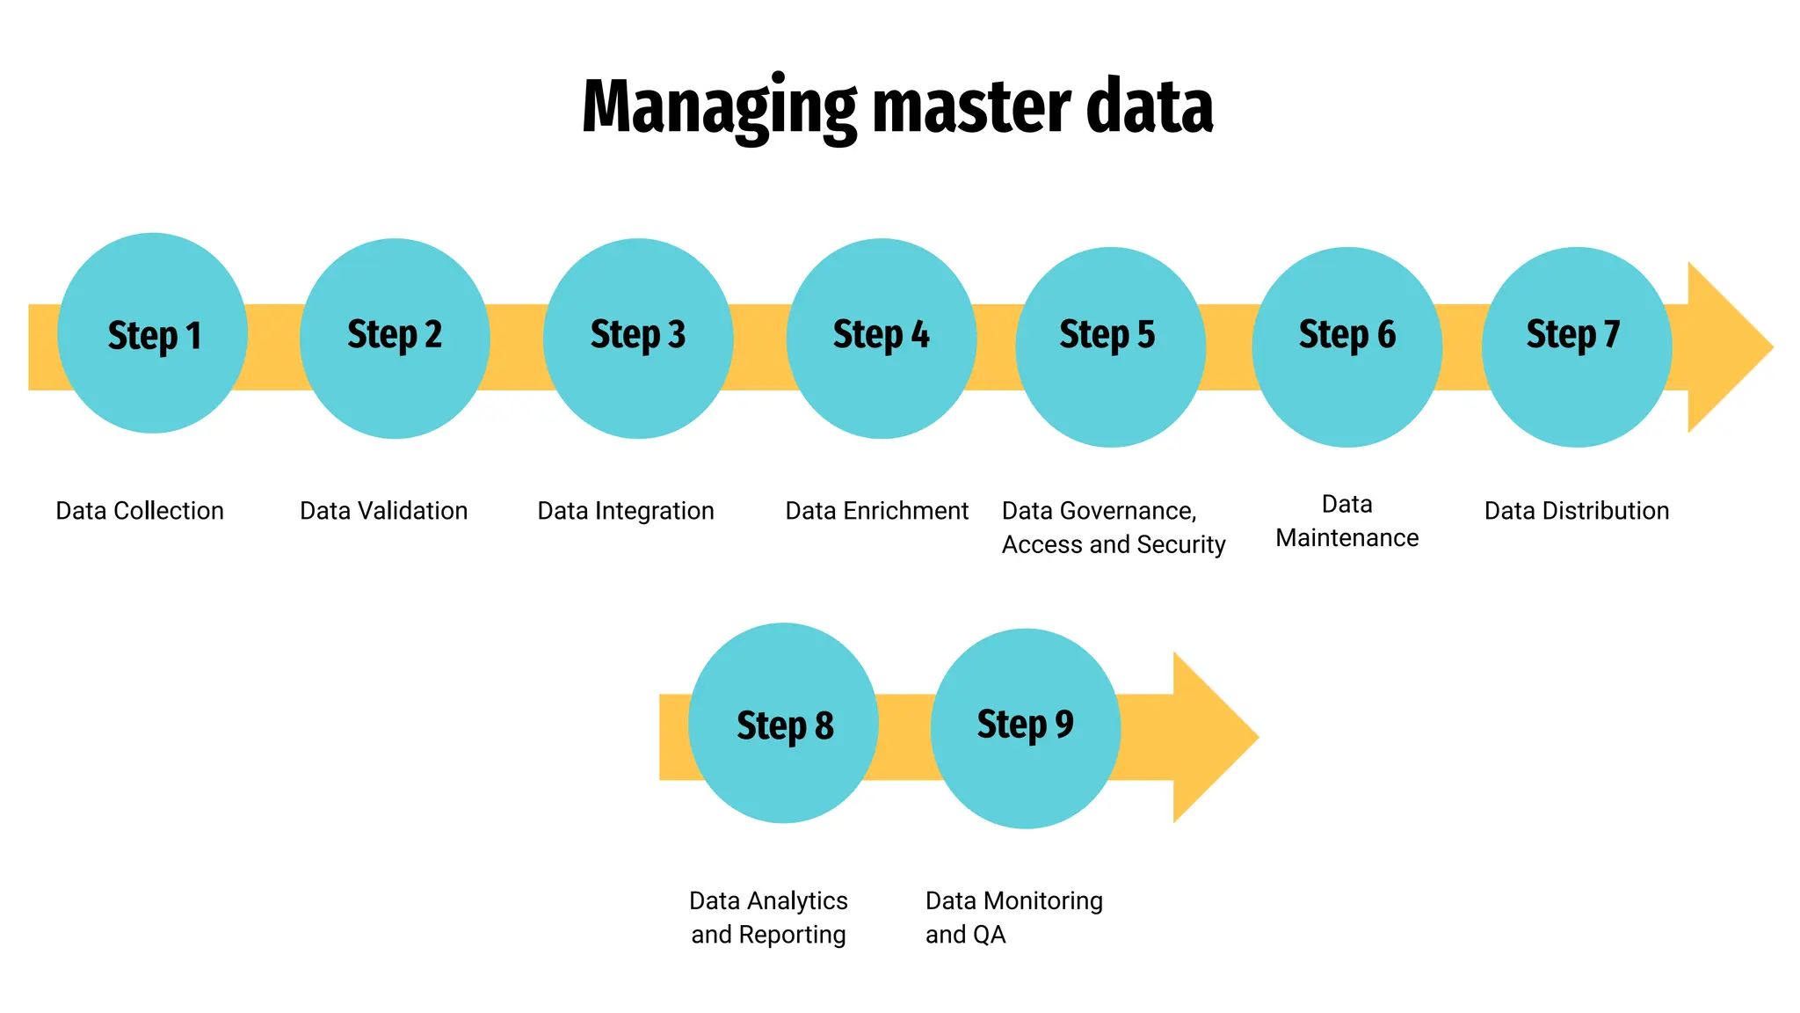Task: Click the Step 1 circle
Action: click(x=152, y=333)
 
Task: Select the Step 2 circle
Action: click(x=395, y=339)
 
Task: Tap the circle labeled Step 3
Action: click(x=638, y=339)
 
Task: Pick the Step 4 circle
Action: click(x=881, y=339)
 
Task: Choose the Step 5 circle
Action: click(x=1110, y=347)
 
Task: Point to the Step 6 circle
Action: click(x=1346, y=347)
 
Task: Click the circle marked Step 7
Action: click(x=1577, y=347)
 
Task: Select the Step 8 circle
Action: click(x=783, y=723)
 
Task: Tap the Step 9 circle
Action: click(x=1025, y=728)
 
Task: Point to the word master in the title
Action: click(x=972, y=107)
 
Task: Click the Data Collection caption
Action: click(x=140, y=511)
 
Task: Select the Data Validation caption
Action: click(x=383, y=511)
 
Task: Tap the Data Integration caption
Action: click(x=626, y=511)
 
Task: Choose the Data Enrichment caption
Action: click(x=876, y=511)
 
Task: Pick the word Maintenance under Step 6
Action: click(x=1346, y=538)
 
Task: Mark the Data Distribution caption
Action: click(x=1577, y=511)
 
